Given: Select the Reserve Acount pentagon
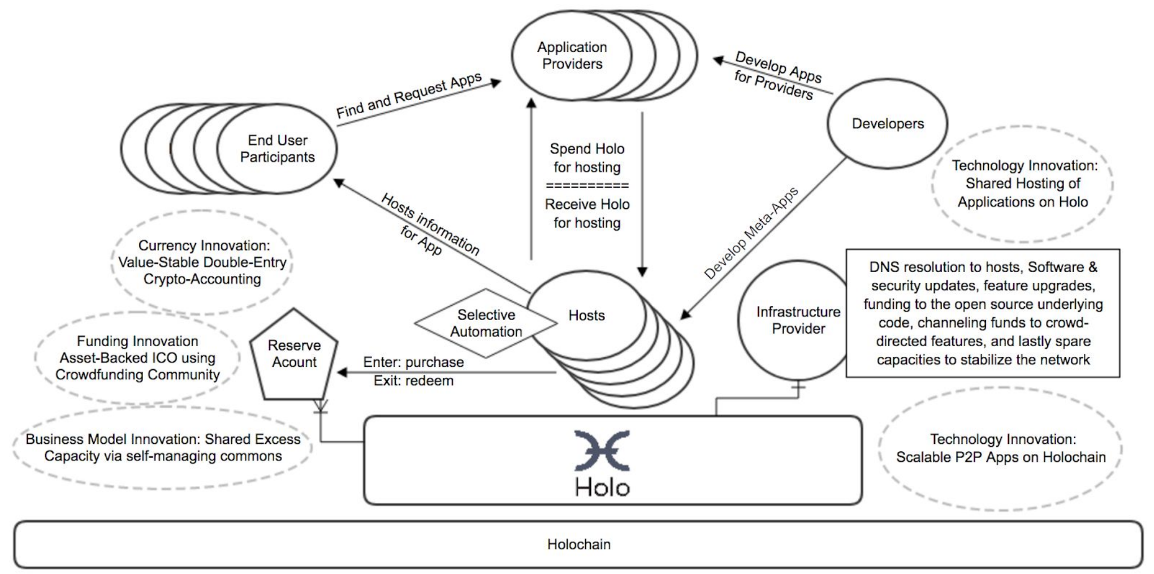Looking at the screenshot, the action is coord(294,354).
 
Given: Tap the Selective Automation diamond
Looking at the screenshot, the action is coord(486,323).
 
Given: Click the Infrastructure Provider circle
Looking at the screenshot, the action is coord(798,320).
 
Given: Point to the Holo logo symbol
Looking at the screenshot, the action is coord(602,451).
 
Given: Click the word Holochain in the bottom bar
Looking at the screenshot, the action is coord(579,544).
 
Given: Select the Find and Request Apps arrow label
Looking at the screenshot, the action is coord(409,95).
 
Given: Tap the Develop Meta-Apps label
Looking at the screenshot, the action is coord(751,233).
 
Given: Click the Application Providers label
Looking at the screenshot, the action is coord(572,55).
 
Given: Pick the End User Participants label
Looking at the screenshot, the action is coord(277,149).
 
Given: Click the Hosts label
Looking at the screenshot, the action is coord(586,316).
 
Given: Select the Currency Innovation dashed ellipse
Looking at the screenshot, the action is coord(202,262).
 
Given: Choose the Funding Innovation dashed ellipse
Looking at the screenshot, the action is coord(137,358).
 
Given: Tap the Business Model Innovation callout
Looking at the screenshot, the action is coord(162,447).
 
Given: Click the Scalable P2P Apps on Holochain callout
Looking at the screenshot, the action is coord(1000,448).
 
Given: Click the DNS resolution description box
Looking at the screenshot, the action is coord(983,313).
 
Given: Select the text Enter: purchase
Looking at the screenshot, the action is coord(413,362).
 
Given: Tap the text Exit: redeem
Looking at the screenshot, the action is coord(413,381).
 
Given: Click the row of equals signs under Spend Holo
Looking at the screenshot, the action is coord(587,185).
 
